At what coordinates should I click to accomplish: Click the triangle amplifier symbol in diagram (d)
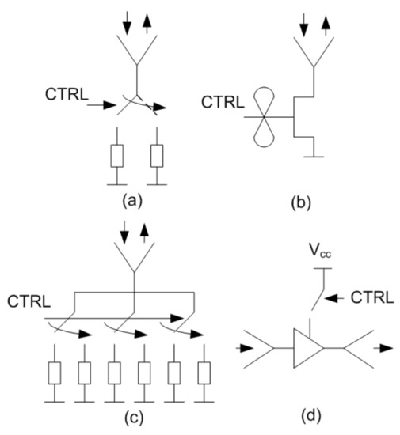click(x=311, y=346)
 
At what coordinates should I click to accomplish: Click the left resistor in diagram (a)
click(x=117, y=156)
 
